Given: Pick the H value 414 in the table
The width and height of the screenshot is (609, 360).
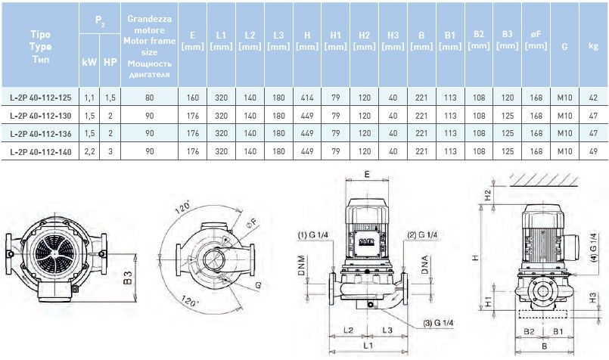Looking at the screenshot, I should click(307, 97).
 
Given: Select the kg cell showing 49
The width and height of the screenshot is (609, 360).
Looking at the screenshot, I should click(592, 152).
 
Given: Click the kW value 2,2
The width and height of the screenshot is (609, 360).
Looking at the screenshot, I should click(89, 152).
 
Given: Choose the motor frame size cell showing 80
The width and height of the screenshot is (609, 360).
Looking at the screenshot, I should click(149, 97).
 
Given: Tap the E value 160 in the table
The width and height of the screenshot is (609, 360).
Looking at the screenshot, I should click(193, 97).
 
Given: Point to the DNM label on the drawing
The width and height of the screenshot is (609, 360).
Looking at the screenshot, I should click(300, 266).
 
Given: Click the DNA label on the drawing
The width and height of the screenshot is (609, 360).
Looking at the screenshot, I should click(426, 266).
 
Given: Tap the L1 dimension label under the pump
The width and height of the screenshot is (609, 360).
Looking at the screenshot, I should click(368, 345).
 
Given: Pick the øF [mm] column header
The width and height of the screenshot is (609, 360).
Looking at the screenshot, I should click(536, 41).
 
